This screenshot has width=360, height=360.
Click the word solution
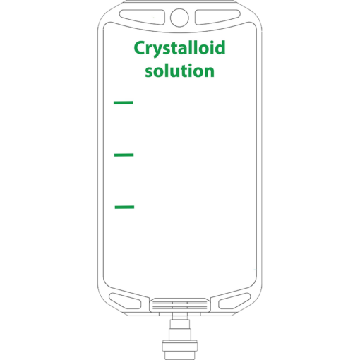(180, 71)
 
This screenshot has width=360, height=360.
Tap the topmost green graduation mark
(124, 102)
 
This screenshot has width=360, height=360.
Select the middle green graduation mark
(124, 155)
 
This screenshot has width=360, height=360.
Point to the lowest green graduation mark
(124, 207)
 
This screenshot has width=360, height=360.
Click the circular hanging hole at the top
(179, 18)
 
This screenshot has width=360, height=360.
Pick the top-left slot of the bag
(142, 16)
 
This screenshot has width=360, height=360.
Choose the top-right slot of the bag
(217, 16)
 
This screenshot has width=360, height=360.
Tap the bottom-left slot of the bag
(125, 301)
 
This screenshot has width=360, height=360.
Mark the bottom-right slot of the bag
(234, 301)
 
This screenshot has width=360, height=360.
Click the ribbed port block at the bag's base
(180, 305)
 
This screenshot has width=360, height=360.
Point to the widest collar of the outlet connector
(179, 346)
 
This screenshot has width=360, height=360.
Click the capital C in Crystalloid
(140, 48)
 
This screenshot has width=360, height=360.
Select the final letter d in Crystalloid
(220, 47)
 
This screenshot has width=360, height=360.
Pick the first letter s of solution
(150, 72)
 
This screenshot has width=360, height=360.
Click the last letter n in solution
(209, 71)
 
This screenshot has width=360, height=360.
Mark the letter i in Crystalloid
(209, 47)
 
